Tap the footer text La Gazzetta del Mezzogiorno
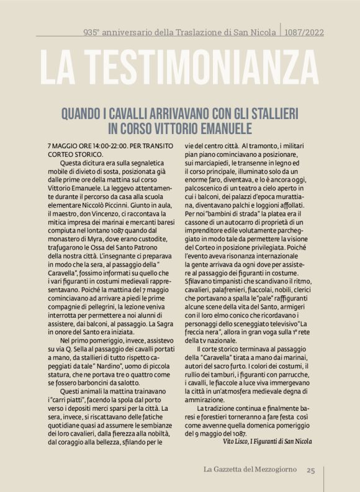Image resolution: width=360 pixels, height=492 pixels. pos(250,470)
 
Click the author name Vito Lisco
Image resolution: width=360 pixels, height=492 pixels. pos(236,442)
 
